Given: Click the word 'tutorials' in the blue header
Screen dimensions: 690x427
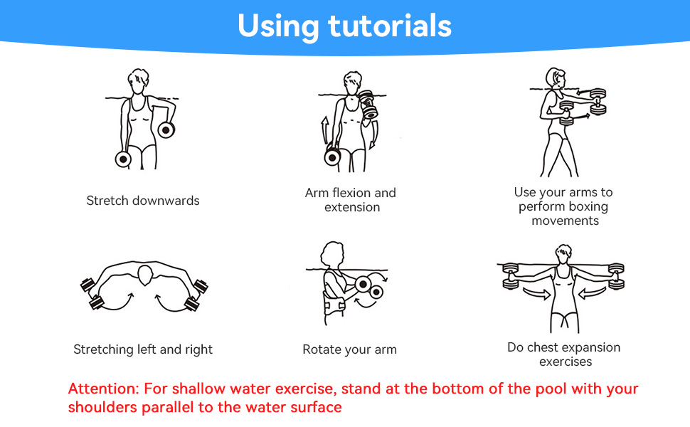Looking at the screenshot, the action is point(391,26).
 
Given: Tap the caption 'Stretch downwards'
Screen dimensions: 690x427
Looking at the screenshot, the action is point(143,201).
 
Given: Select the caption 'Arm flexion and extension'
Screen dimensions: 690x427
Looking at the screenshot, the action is point(351,200).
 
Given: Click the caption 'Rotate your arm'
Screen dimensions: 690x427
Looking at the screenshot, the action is point(350,349).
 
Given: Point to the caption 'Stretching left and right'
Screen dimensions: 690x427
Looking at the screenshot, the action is point(143,349).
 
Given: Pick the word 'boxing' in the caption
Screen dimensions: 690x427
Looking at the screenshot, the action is point(588,206).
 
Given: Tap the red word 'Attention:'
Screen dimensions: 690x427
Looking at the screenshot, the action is point(104,389).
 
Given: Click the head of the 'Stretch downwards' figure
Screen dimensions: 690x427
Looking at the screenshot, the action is point(138,81).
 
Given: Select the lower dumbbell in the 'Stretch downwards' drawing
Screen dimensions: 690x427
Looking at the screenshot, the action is point(123,159).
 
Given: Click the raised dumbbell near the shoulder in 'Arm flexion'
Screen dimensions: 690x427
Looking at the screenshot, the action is point(368,105).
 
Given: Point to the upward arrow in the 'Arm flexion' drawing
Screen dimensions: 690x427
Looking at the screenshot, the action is point(325,130).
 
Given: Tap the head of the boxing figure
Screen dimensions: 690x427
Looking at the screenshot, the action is point(555,78).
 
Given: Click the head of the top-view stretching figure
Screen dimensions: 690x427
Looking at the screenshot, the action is point(145,275).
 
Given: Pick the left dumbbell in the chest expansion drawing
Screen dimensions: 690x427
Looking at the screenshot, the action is point(511,276).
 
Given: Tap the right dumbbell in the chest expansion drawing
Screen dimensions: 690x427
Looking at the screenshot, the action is point(616,276).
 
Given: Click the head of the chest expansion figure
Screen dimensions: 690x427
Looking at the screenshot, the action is point(563,255).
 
